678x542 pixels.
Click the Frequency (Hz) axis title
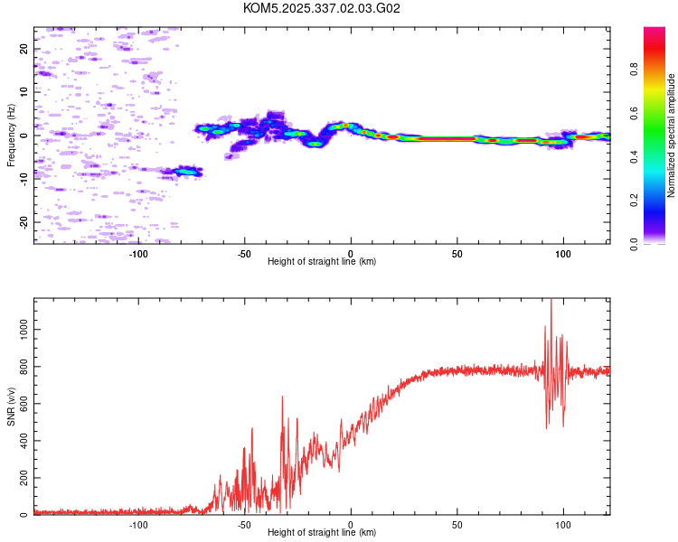click(11, 135)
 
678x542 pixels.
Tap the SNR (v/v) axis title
click(11, 406)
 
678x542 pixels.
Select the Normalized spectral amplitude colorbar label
click(672, 135)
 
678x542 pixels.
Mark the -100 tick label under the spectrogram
click(138, 254)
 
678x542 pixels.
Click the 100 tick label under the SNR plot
click(564, 525)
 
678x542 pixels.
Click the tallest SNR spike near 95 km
click(551, 302)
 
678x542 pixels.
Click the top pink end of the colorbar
click(654, 31)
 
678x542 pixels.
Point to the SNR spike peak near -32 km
click(283, 396)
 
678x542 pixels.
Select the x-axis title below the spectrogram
click(322, 262)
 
